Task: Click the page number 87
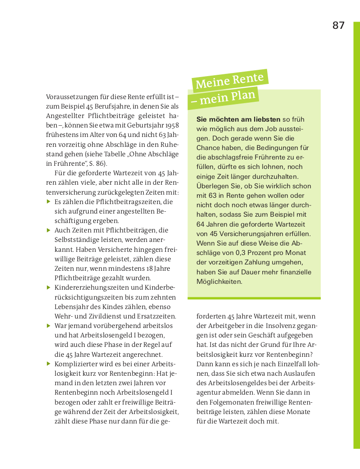[x=338, y=26]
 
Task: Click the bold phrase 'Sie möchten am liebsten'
[x=238, y=119]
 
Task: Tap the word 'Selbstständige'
[x=76, y=240]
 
